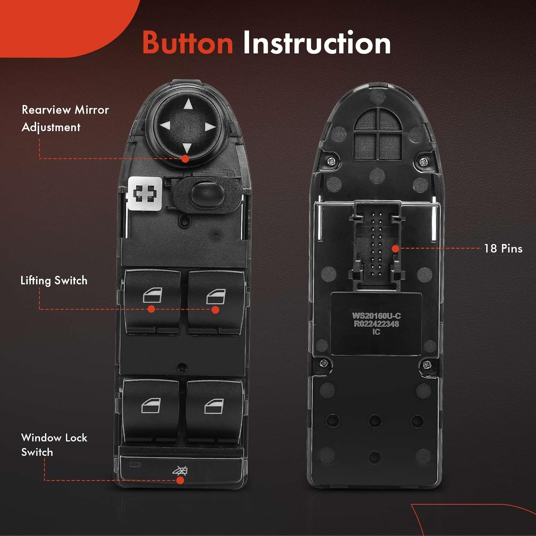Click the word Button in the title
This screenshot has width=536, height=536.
click(188, 43)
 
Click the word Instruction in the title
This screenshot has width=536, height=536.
click(317, 43)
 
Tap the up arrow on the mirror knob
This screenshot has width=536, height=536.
click(188, 104)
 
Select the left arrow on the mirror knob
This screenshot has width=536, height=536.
click(165, 126)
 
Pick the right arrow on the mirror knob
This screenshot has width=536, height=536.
click(210, 127)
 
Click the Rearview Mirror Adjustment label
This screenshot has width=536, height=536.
click(65, 118)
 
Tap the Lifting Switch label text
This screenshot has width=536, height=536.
click(54, 281)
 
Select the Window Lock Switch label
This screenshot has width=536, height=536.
click(54, 445)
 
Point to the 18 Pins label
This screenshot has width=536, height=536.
click(503, 249)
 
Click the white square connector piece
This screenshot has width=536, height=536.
click(144, 193)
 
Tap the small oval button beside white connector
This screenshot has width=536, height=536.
click(207, 194)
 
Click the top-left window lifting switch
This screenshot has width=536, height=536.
click(152, 300)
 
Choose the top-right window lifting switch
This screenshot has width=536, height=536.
click(216, 300)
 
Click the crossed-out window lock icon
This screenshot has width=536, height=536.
click(180, 471)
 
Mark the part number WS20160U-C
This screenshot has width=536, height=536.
click(376, 316)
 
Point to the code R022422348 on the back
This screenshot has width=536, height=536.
click(376, 324)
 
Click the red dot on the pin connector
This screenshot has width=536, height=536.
click(395, 249)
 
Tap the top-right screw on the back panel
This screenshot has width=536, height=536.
click(423, 162)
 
